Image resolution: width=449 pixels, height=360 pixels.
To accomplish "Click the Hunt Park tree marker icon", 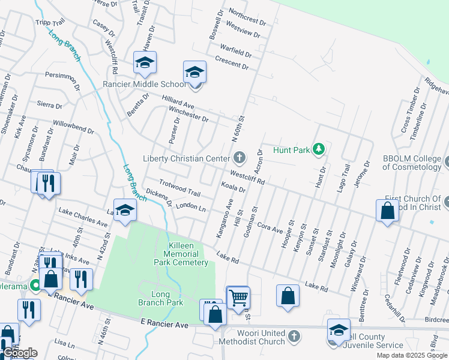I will pos(319,149).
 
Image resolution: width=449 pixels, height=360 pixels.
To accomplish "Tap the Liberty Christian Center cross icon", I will pos(239,158).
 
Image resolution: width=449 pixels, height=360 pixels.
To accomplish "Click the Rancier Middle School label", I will pos(145,84).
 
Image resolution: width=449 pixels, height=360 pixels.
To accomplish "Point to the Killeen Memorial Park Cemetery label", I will pos(180,254).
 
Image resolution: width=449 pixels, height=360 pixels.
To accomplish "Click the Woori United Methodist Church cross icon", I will pos(293,334).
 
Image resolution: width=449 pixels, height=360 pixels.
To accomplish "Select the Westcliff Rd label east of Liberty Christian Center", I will pos(247,177).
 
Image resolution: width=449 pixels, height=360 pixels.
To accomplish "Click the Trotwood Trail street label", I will pos(179,188).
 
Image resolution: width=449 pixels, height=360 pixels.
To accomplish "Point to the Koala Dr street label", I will pos(234,188).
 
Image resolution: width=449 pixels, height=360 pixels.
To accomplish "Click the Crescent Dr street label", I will pos(231,62).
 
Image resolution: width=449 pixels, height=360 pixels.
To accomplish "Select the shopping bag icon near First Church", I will pos(387,211).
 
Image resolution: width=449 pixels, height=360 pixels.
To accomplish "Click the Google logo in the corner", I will pos(19,353).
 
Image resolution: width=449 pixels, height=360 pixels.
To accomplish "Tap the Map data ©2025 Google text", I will pos(412,355).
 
